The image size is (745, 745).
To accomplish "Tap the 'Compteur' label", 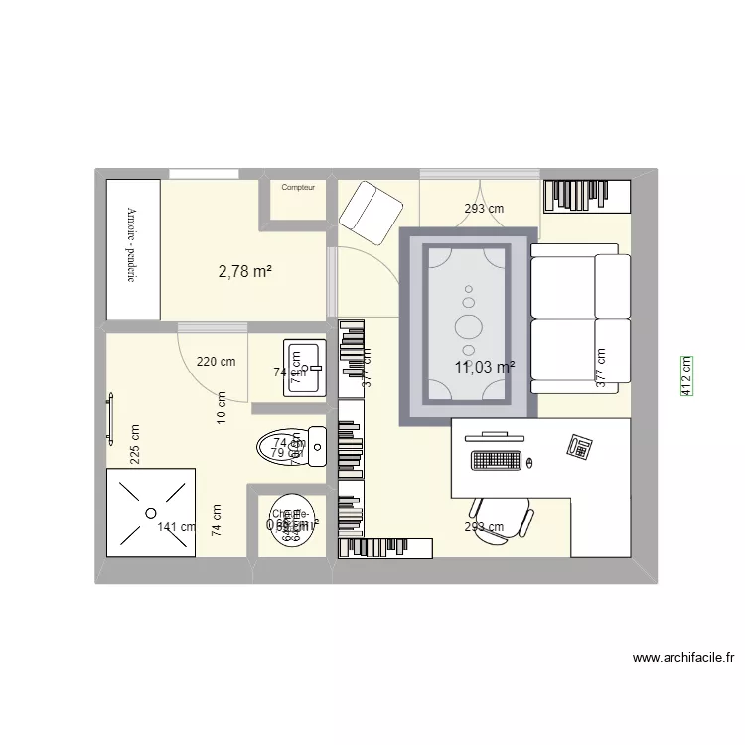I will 297,187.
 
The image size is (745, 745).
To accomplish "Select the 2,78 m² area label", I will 245,270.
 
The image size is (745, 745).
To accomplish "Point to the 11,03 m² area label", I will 485,367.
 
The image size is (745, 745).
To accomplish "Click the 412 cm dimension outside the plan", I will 686,377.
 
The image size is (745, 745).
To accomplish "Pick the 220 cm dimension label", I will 216,362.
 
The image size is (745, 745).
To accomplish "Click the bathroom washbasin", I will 306,368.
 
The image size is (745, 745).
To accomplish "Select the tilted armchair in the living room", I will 371,213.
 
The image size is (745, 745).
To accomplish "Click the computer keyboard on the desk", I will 497,461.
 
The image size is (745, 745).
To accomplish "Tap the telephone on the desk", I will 580,449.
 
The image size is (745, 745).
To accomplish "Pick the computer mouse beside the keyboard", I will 529,462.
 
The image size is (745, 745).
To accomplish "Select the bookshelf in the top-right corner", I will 585,196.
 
